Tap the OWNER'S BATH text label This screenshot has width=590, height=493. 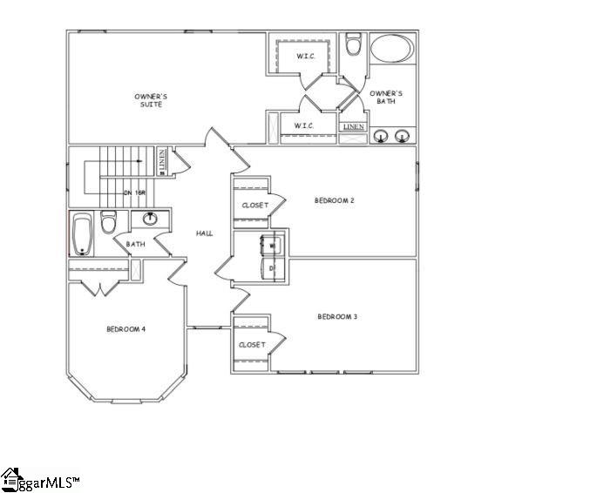(385, 97)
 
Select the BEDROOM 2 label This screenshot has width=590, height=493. (335, 200)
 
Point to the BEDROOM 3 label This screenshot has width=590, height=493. (337, 316)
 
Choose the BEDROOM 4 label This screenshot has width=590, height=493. (125, 328)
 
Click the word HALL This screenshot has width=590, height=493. (205, 233)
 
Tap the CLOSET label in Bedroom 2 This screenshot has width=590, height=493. (254, 206)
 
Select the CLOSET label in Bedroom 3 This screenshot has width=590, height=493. (252, 345)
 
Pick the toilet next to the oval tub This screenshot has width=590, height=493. (353, 44)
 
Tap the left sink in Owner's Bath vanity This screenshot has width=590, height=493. (381, 135)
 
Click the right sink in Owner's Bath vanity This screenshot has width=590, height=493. (403, 135)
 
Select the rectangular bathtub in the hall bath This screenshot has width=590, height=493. (81, 233)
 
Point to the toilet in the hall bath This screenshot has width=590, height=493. (109, 223)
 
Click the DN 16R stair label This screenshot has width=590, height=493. (134, 192)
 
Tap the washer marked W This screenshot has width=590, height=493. (271, 246)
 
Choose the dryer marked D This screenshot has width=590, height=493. (271, 268)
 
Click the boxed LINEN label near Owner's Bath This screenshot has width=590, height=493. (353, 127)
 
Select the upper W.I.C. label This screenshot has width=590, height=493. (304, 57)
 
